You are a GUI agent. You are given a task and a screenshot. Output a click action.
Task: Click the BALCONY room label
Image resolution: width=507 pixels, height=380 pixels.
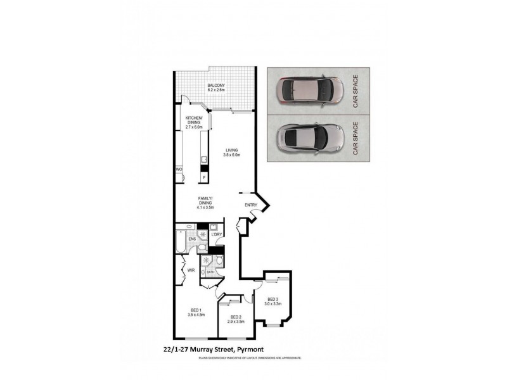coord(216,85)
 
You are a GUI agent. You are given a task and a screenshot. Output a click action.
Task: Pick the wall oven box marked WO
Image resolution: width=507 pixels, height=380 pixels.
coord(179,170)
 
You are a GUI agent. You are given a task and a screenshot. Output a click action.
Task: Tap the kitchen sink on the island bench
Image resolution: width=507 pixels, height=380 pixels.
coord(204,159)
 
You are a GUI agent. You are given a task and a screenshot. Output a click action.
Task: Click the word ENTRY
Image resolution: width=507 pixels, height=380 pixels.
coord(251,204)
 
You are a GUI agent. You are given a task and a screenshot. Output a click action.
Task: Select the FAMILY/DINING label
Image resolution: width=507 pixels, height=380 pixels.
coord(204,199)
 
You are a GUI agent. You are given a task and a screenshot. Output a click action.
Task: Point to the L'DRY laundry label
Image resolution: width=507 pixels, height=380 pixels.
coord(216,235)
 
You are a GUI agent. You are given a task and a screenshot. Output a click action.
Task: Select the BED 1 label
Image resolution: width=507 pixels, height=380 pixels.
coord(196,310)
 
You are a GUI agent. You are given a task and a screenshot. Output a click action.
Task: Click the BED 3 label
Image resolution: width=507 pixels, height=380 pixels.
coord(273,299)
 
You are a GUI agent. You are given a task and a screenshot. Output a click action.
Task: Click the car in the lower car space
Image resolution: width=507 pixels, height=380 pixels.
coord(311,137)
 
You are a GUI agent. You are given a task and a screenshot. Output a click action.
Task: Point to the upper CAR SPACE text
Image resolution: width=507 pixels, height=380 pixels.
coord(356,91)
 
